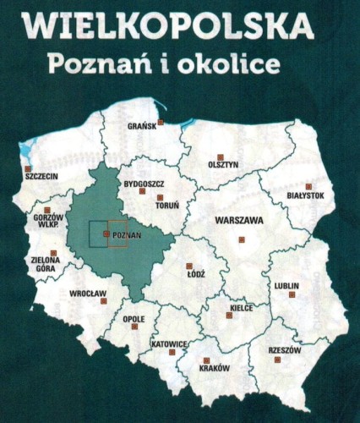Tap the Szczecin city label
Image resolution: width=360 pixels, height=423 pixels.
click(41, 178)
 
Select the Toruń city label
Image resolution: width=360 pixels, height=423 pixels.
click(167, 206)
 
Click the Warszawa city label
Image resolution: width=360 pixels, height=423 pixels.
click(239, 220)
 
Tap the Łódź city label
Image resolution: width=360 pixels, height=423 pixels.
click(195, 276)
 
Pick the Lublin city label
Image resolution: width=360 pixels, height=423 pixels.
click(286, 286)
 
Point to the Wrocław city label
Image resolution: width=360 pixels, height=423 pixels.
click(87, 294)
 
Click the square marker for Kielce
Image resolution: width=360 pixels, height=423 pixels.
click(237, 299)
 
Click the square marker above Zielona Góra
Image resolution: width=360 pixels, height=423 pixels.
click(54, 253)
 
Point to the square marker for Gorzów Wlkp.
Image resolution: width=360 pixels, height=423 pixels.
click(47, 209)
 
